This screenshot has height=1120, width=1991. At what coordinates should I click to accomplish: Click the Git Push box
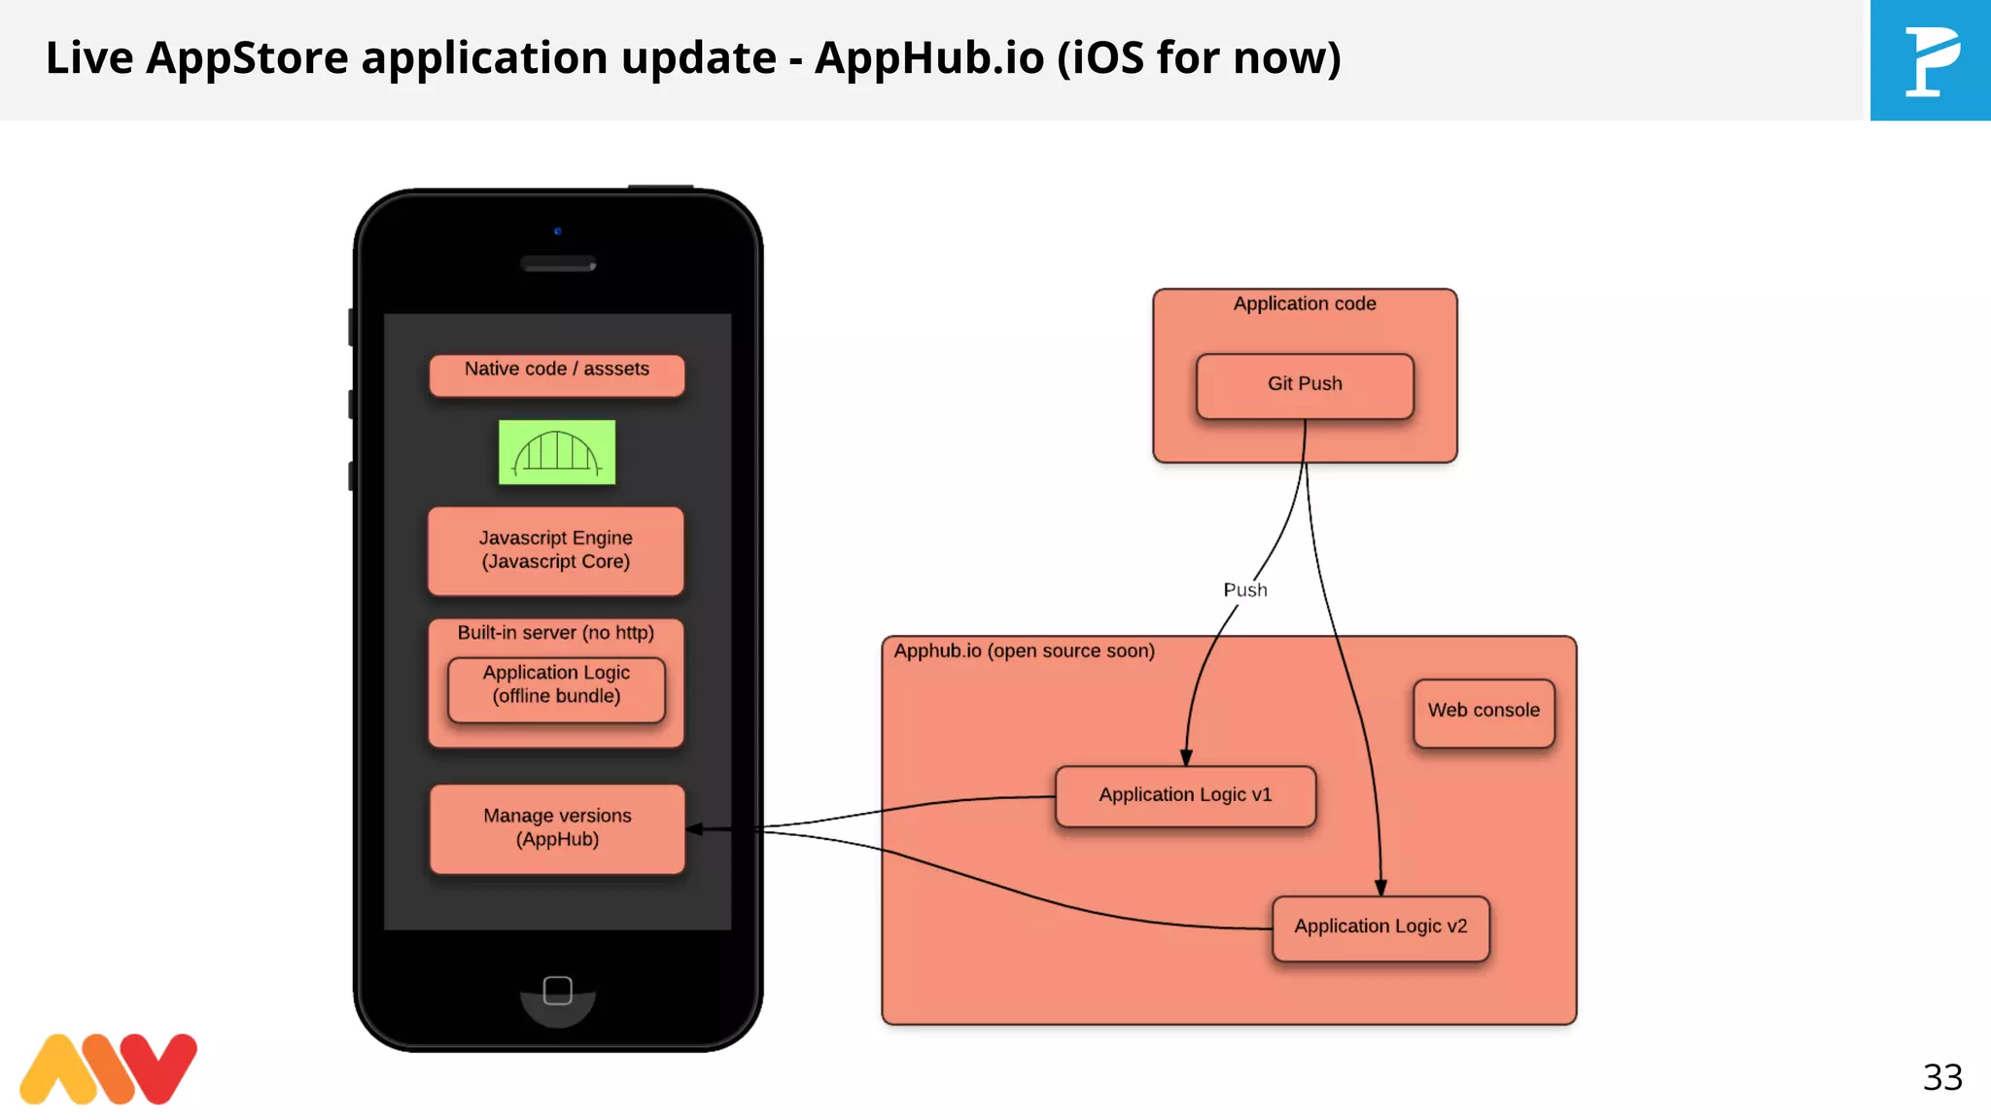[x=1305, y=386]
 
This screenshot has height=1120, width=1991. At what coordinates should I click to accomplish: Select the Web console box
[x=1484, y=712]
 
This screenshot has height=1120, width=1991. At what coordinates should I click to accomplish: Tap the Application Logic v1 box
[x=1185, y=796]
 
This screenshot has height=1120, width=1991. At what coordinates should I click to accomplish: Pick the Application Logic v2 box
[x=1380, y=927]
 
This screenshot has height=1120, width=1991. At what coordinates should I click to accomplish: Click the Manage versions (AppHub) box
[x=557, y=828]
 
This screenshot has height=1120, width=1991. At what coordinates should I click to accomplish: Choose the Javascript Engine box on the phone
[x=555, y=550]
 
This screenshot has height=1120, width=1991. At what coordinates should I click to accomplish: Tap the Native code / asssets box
[x=556, y=373]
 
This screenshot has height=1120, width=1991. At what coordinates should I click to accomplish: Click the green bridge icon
[x=557, y=452]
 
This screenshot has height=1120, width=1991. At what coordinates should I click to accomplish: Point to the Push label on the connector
[x=1245, y=590]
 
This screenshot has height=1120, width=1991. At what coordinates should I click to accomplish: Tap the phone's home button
[x=557, y=991]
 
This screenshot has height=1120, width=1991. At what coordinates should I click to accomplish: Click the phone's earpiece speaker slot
[x=558, y=263]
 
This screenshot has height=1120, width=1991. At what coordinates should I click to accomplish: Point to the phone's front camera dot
[x=557, y=231]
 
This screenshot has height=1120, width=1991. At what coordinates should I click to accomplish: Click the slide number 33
[x=1942, y=1077]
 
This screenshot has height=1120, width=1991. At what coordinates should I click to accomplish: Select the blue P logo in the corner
[x=1930, y=60]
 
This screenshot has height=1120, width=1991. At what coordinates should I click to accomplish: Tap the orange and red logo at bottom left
[x=108, y=1068]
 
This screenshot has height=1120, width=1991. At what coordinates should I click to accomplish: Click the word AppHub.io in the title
[x=929, y=58]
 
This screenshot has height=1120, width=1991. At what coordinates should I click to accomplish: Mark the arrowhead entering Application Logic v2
[x=1380, y=887]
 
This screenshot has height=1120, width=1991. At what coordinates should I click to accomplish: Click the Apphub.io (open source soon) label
[x=1024, y=651]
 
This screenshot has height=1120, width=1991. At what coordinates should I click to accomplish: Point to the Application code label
[x=1305, y=304]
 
